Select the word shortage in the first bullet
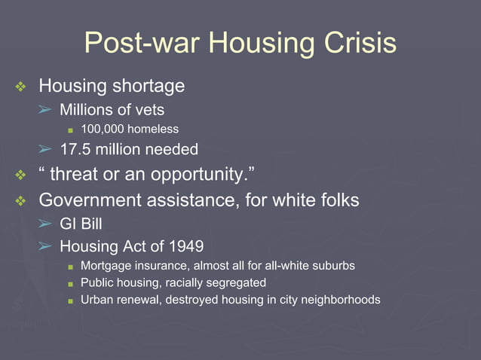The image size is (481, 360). [x=146, y=87]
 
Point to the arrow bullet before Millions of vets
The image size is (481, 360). [x=46, y=110]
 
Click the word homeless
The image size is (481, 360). [x=154, y=130]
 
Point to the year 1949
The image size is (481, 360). [x=185, y=246]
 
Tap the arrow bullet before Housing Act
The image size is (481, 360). [x=46, y=246]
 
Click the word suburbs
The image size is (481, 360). [x=332, y=266]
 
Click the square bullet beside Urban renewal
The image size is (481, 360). [x=70, y=301]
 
